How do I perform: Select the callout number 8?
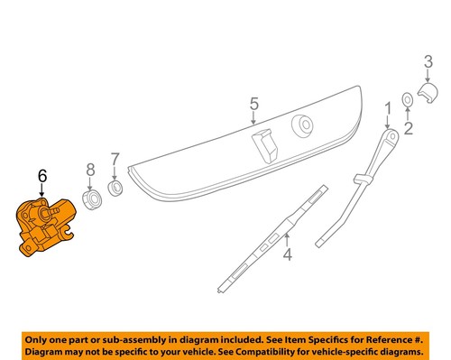click(x=89, y=169)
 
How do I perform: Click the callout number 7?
click(x=115, y=162)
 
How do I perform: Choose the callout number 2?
click(x=408, y=129)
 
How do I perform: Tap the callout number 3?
click(x=427, y=61)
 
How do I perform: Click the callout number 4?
click(x=287, y=255)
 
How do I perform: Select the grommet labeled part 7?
click(x=115, y=188)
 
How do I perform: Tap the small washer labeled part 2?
click(x=408, y=98)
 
